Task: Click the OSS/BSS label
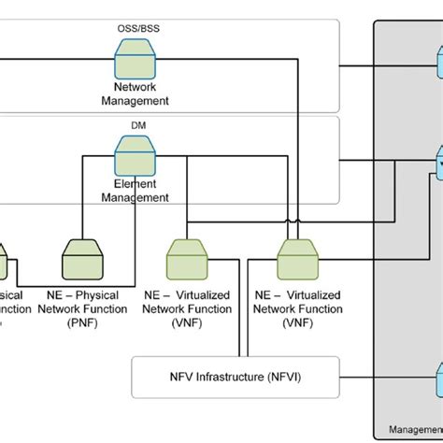point(137,29)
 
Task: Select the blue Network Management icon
point(136,64)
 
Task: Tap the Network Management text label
point(137,93)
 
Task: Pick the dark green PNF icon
point(80,254)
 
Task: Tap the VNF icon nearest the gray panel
point(298,254)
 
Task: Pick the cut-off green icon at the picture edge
point(3,257)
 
